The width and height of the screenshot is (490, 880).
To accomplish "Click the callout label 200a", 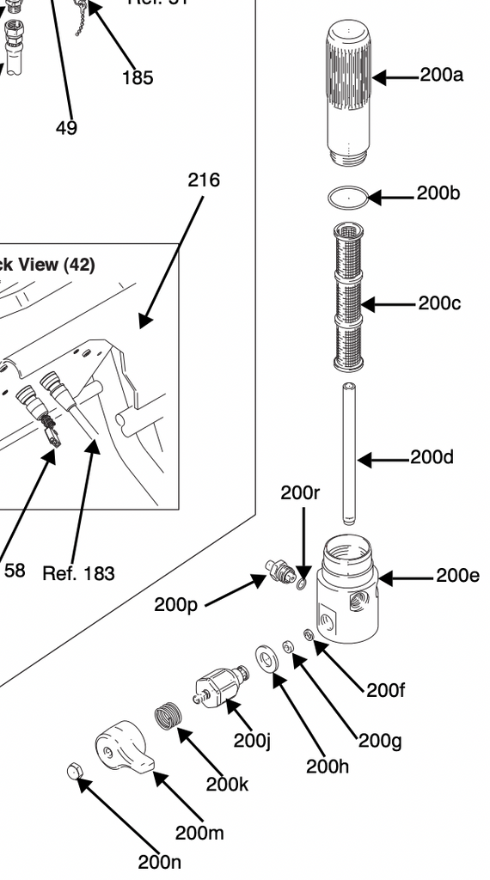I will point(441,75).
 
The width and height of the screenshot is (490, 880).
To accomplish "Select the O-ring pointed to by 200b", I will point(347,198).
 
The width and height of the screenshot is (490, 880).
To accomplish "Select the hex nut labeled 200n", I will point(74,772).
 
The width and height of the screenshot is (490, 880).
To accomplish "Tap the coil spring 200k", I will point(170,716).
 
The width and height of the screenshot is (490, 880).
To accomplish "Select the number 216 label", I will point(204,180).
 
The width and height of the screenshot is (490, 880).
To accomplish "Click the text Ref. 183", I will point(78,573).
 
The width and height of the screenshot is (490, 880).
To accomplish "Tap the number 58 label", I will point(15,570).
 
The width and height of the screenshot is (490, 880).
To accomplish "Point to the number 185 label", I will point(138,77).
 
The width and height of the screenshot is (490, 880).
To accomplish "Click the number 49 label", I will point(66,128).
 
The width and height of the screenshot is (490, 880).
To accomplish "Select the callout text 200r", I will point(300,492).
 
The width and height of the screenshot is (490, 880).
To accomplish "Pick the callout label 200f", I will point(385,690).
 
